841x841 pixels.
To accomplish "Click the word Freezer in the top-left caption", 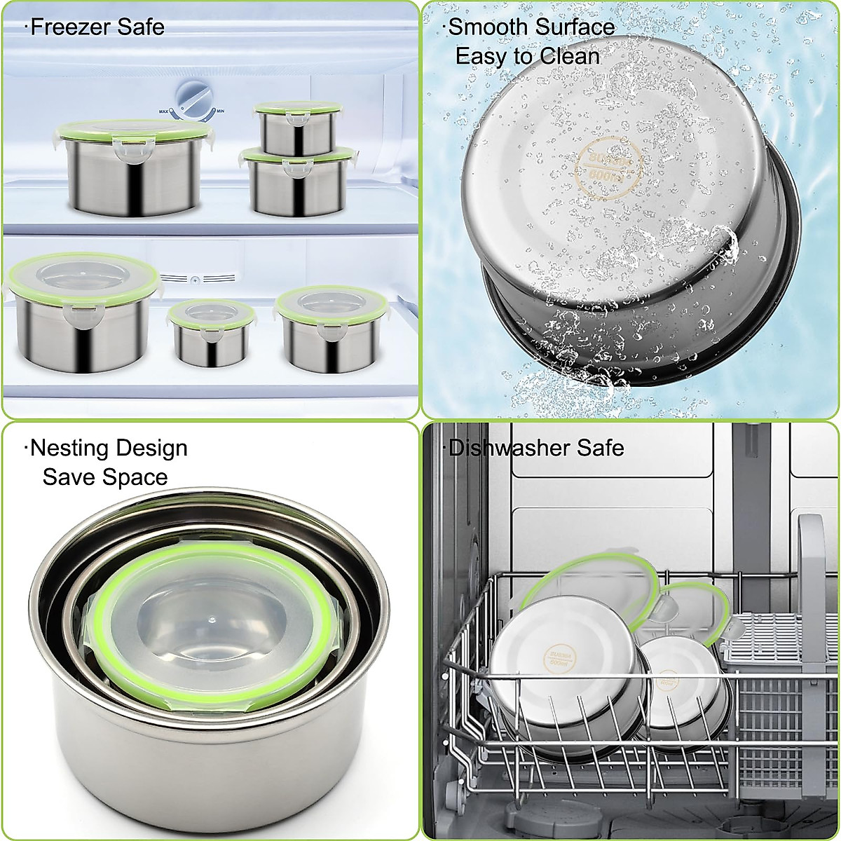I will (x=71, y=27).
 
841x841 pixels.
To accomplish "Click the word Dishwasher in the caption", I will (x=510, y=448).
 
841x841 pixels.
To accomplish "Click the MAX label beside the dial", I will (x=165, y=111).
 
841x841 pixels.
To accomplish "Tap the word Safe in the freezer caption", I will (x=139, y=27).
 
